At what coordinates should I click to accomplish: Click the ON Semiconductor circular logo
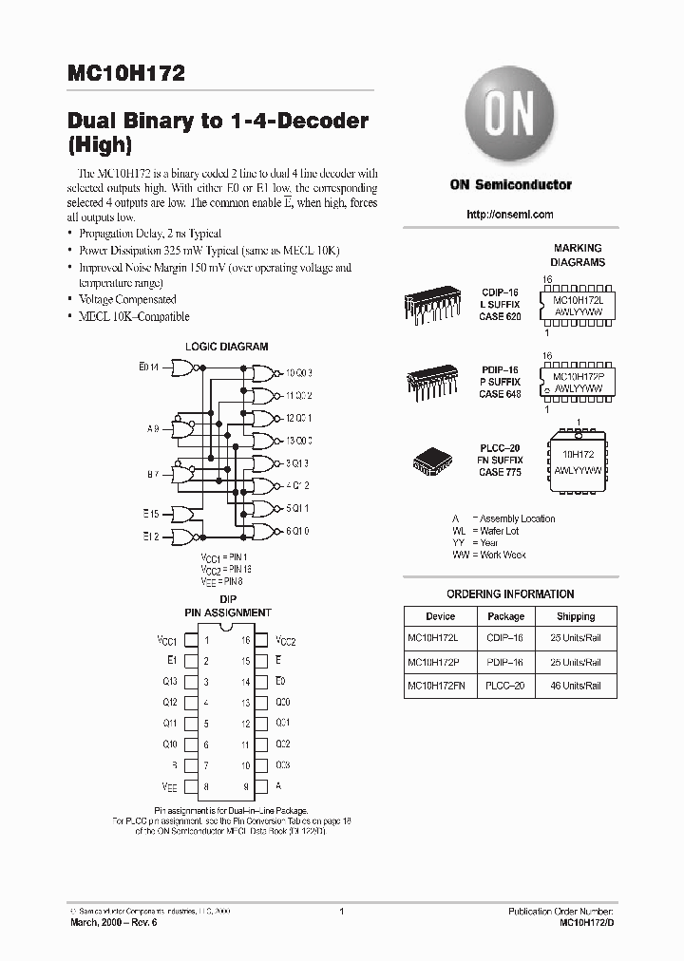click(510, 116)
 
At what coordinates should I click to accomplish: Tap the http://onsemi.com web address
click(510, 215)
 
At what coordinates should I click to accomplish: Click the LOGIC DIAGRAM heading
click(226, 348)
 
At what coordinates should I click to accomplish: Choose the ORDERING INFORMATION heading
click(510, 594)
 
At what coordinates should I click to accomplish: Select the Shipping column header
click(576, 616)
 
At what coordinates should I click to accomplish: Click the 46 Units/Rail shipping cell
click(576, 685)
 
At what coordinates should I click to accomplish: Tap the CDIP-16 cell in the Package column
click(506, 639)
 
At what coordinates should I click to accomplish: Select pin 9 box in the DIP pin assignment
click(261, 786)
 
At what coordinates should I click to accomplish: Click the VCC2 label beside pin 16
click(286, 641)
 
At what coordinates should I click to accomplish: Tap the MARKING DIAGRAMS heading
click(579, 254)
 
